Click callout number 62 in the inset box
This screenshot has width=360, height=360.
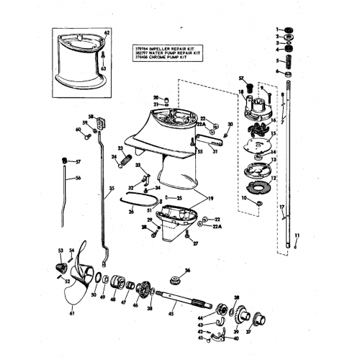pos(107,33)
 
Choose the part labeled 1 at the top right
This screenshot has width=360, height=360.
pos(289,29)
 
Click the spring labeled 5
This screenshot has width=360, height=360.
pos(288,61)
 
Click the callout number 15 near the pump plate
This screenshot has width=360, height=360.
pos(272,135)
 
